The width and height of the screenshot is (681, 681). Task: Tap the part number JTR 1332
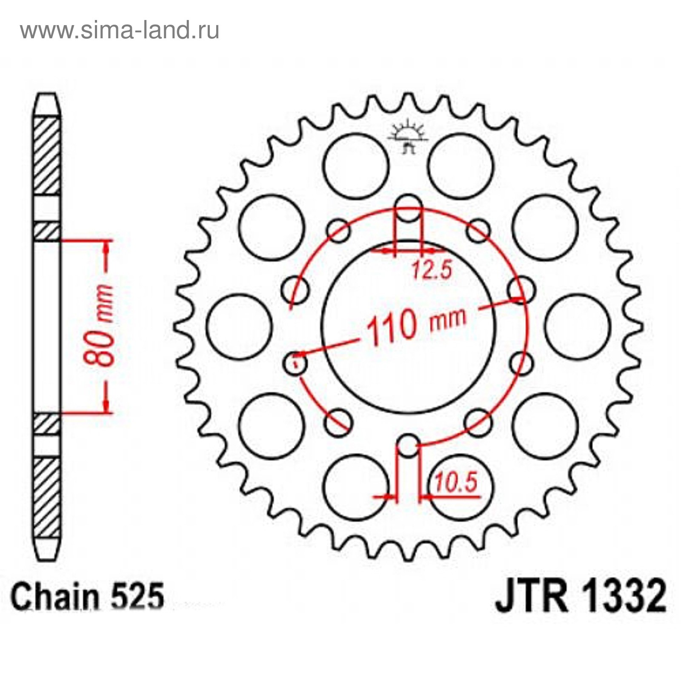pyautogui.click(x=581, y=596)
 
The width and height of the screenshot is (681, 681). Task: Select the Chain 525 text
pyautogui.click(x=87, y=596)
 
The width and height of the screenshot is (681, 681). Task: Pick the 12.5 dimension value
pyautogui.click(x=431, y=269)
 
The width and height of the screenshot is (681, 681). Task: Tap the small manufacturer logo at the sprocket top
pyautogui.click(x=408, y=134)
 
